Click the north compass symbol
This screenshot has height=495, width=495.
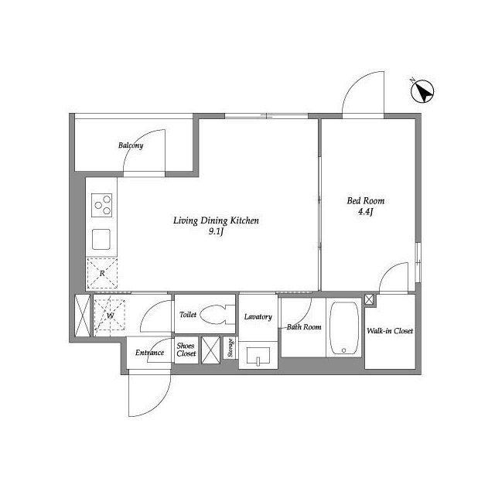point(422,91)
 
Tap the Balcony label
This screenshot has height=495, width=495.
point(131,145)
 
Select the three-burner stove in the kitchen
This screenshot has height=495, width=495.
point(101,205)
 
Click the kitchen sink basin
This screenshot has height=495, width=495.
point(101,239)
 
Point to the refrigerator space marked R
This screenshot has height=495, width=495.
point(102,273)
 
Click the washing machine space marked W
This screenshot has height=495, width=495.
point(110,315)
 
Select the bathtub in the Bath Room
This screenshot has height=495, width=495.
point(343,329)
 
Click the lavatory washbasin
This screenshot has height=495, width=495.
point(258,357)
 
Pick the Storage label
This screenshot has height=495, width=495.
point(230,347)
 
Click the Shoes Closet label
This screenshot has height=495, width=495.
point(186,350)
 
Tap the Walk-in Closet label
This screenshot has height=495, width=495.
point(390,331)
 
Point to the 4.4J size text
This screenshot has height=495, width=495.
point(366,211)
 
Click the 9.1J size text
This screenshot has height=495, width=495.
point(216,232)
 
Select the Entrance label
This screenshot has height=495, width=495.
point(149,353)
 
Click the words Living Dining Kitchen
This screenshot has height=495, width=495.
point(216,220)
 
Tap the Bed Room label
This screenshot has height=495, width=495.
point(366,201)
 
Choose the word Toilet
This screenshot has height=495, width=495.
point(188,315)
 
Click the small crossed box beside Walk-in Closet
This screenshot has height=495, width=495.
point(369,299)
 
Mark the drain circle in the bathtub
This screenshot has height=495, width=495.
point(343,350)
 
